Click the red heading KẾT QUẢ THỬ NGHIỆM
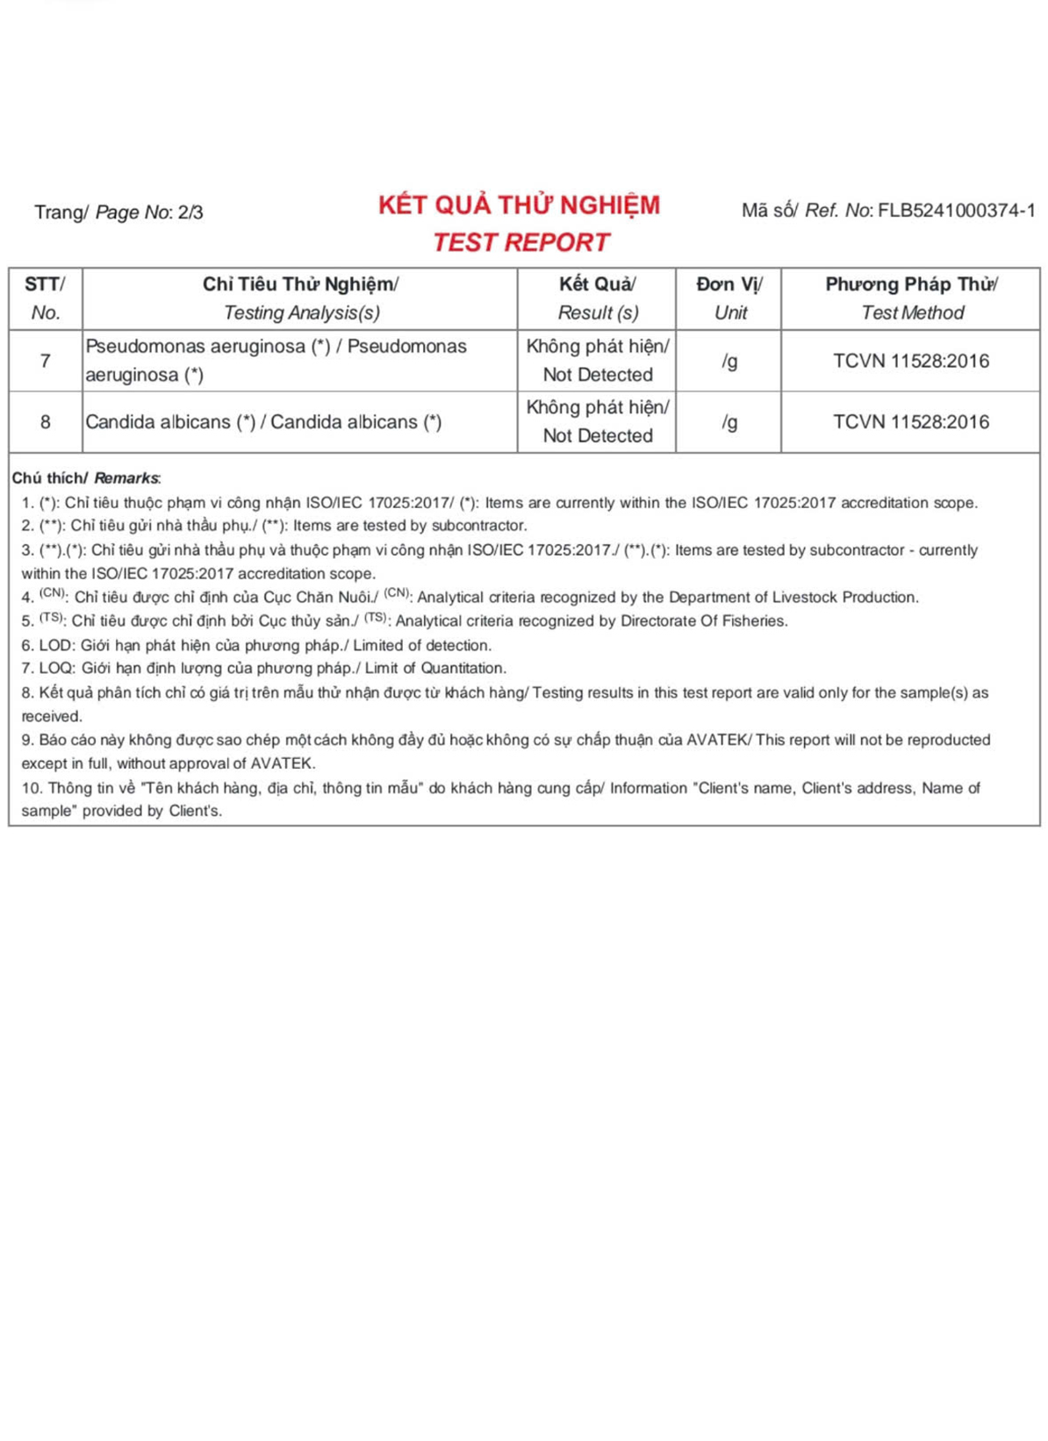coord(519,205)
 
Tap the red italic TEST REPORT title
coord(520,242)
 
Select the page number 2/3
coord(190,212)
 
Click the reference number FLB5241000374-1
coord(957,211)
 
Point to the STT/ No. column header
coord(45,298)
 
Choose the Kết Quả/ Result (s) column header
coord(598,298)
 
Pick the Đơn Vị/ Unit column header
coord(729,298)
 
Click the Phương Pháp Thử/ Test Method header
coord(911,298)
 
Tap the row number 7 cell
coord(45,361)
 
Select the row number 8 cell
coord(45,422)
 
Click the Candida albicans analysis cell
coord(263,422)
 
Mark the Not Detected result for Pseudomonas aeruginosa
coord(598,361)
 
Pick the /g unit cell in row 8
coord(729,422)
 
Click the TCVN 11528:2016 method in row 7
coord(911,361)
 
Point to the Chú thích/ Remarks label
coord(86,478)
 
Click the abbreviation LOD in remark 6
coord(56,645)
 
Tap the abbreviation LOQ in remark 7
coord(56,669)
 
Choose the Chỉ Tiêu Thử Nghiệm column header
coord(300,284)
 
